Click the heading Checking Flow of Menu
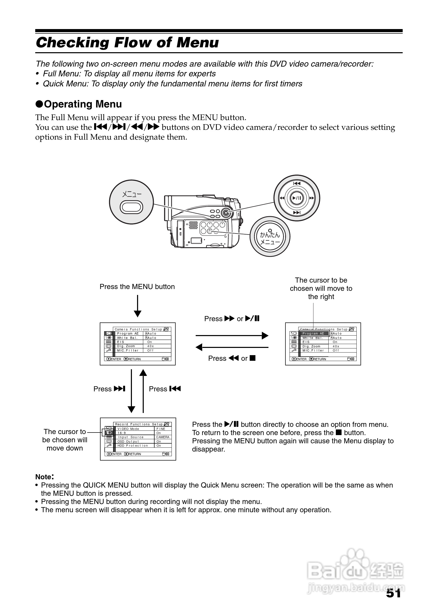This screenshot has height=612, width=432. point(127,43)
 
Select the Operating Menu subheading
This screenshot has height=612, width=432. point(79,104)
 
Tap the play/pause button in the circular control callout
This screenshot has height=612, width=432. point(297,198)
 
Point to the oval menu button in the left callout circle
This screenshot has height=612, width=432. point(131,207)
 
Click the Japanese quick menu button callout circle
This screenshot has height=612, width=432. point(270,236)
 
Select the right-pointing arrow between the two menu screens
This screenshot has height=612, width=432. point(232,336)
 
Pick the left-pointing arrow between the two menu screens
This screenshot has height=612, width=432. point(232,347)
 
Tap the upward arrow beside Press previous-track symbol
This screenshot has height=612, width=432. point(143,391)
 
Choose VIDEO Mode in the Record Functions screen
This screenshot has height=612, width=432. point(129,429)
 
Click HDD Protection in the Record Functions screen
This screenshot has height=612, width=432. point(133,446)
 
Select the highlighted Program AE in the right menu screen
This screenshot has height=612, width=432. point(313,334)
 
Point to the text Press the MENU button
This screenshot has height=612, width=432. point(137,286)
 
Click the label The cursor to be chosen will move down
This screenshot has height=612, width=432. point(65,440)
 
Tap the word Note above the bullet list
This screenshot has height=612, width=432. point(43,476)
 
